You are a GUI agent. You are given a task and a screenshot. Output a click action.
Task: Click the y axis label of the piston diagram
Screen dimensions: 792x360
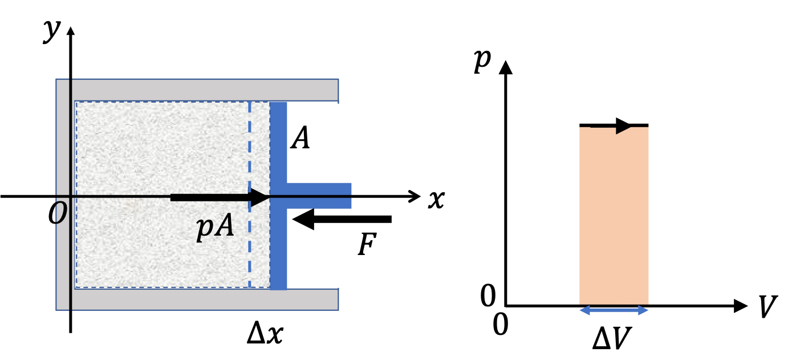[x=52, y=32]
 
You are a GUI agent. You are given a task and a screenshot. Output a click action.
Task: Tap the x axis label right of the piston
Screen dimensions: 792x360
[x=436, y=200]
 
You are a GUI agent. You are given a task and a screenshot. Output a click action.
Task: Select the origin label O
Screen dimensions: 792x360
[x=58, y=213]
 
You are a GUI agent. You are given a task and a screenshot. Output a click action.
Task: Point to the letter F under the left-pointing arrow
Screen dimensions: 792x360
[x=367, y=244]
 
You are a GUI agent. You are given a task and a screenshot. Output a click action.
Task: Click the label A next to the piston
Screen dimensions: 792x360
[x=300, y=137]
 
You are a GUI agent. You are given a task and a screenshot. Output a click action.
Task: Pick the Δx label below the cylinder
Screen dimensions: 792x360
[x=265, y=334]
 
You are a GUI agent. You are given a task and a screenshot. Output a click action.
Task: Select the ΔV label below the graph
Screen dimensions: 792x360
[x=612, y=338]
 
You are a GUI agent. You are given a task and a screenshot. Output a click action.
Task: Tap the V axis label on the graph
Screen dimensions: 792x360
[x=767, y=306]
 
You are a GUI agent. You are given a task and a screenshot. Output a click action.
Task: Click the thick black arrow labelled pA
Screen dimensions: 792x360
[x=220, y=197]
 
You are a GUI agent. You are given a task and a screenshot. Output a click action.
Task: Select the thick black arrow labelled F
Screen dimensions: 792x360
[x=342, y=219]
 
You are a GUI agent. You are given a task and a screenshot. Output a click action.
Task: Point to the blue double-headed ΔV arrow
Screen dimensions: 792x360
[x=614, y=310]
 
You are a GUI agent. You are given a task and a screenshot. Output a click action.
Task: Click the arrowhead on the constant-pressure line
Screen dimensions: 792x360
[x=624, y=126]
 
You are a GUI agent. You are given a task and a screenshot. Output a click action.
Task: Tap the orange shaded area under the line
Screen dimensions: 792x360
[x=614, y=216]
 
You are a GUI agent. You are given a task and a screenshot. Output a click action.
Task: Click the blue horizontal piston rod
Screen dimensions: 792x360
[x=319, y=196]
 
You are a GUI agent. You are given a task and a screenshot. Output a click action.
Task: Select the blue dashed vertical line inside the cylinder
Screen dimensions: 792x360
[x=250, y=195]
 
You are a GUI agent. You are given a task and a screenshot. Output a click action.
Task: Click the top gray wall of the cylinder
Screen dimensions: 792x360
[x=205, y=90]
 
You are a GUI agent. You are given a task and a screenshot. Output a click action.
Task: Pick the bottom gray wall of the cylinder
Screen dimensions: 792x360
[x=205, y=300]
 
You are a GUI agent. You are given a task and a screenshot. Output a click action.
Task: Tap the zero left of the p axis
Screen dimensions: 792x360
[x=488, y=296]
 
